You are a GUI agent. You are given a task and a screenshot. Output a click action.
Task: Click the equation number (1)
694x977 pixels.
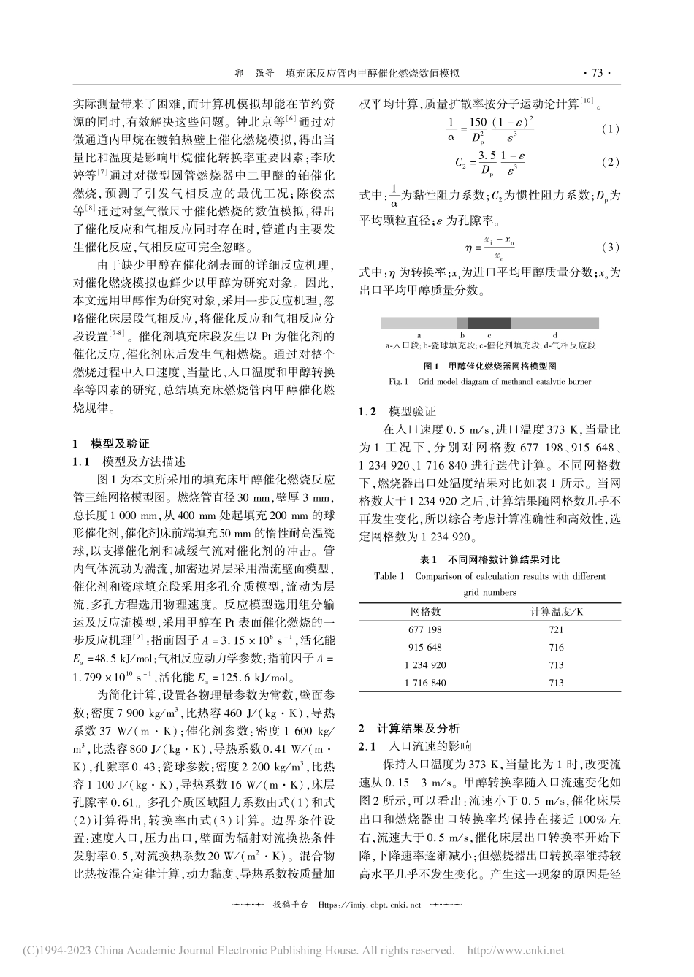click(610, 129)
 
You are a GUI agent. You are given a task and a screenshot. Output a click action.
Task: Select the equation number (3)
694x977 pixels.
click(610, 247)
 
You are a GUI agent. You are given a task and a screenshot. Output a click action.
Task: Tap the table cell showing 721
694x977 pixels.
click(556, 629)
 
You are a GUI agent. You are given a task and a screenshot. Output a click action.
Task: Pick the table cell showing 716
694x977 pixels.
click(556, 647)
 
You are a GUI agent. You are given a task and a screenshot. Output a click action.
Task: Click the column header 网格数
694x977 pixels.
click(426, 610)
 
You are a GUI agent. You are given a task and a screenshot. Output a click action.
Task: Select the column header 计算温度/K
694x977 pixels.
click(557, 610)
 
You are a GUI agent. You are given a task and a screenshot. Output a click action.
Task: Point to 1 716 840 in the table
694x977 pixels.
click(426, 683)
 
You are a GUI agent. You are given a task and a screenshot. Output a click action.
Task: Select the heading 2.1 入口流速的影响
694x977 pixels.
click(414, 746)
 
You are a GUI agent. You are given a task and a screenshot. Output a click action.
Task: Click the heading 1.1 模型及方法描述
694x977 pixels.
click(129, 461)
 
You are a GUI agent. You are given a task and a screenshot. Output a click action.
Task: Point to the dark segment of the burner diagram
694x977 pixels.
click(489, 323)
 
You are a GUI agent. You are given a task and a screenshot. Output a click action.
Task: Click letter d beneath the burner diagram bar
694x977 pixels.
click(554, 334)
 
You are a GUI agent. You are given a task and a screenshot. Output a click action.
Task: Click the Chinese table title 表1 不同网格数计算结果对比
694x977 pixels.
click(489, 559)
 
